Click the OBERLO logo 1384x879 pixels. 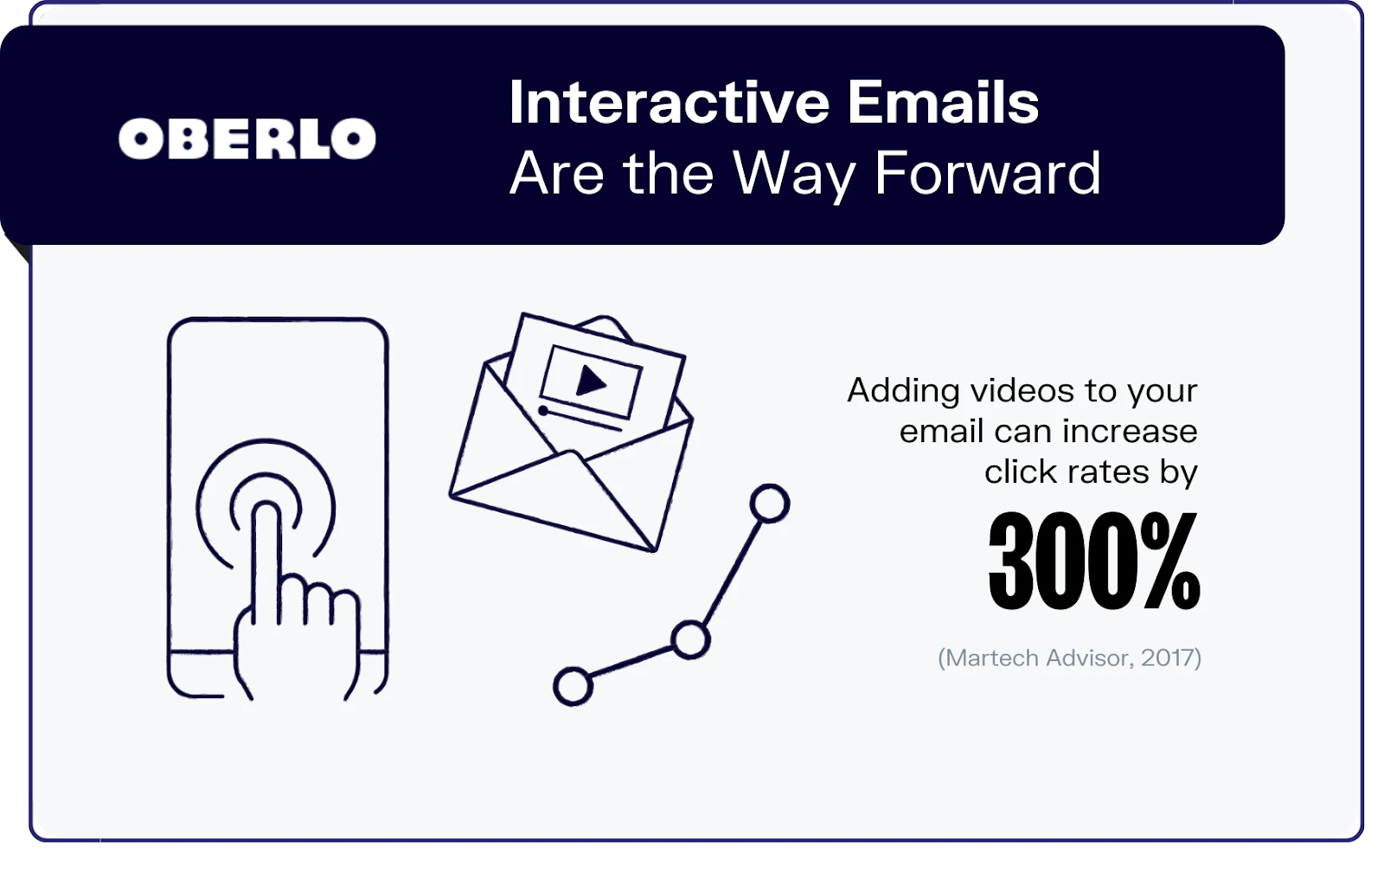[247, 138]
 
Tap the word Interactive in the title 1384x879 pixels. [670, 102]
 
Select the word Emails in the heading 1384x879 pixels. [943, 102]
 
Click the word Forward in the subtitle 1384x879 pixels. [987, 174]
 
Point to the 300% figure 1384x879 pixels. [1093, 561]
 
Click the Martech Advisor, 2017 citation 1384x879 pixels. [1069, 658]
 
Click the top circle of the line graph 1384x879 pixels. [769, 504]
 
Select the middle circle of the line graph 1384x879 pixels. [689, 639]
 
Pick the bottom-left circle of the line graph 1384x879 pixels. [573, 686]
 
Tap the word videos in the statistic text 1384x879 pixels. [1022, 391]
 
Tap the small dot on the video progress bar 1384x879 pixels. [543, 410]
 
